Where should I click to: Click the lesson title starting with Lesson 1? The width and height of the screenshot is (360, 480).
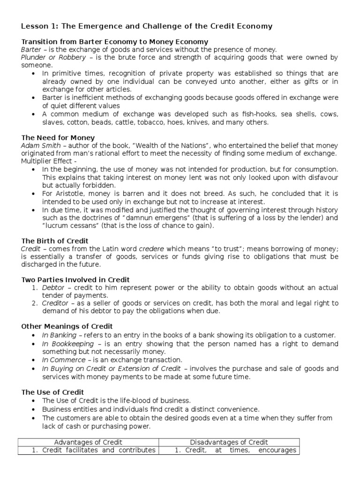(x=147, y=26)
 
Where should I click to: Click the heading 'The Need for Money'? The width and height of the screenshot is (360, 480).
(x=58, y=138)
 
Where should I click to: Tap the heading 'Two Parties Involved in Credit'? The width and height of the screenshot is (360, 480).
(x=75, y=280)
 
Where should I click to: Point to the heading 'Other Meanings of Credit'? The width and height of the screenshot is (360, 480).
(x=67, y=326)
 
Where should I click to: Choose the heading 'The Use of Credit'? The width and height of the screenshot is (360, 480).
(x=53, y=392)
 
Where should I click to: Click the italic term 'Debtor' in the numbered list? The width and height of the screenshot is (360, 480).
(x=53, y=287)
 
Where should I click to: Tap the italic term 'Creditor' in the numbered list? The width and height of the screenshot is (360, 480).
(x=56, y=303)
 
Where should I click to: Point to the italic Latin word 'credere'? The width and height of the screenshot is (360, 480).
(x=151, y=249)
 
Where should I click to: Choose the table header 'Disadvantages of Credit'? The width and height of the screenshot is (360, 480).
(x=229, y=442)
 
